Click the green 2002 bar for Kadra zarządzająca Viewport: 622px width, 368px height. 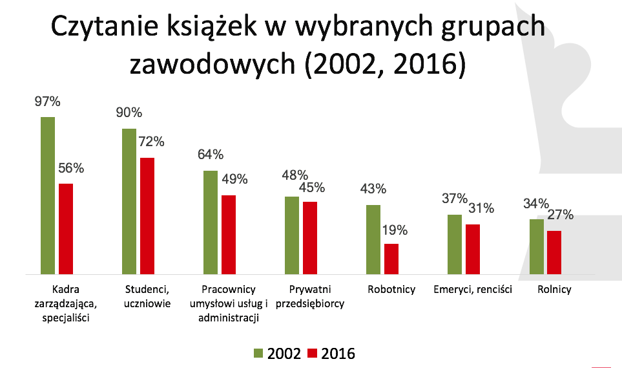pos(48,196)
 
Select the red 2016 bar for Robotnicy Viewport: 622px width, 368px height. pos(391,259)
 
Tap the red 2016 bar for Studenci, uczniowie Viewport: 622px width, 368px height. pos(147,217)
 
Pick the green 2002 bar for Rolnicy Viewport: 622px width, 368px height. pos(537,247)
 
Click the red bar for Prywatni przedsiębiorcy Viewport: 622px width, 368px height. pos(310,239)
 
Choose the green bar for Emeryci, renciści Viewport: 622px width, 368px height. pos(455,245)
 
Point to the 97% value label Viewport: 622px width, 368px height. pos(47,102)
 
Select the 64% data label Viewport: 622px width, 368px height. pos(210,155)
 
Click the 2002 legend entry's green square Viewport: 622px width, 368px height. pos(258,354)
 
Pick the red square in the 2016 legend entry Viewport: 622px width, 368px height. pos(313,354)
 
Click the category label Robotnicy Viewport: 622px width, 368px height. pos(391,290)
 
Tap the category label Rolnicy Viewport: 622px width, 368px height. pos(554,290)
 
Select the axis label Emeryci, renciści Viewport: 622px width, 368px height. pos(473,290)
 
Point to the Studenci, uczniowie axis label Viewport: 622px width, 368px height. pos(147,296)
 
